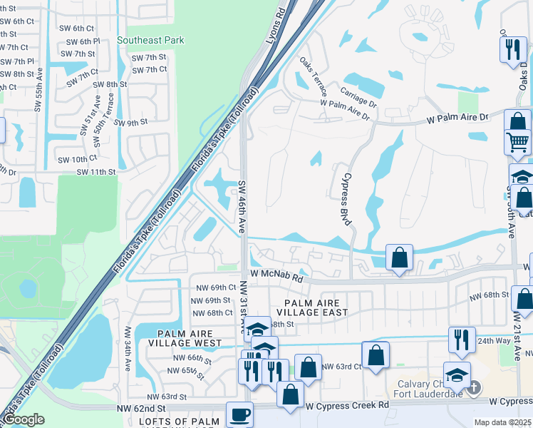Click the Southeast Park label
pyautogui.click(x=150, y=41)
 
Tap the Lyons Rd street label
pyautogui.click(x=274, y=28)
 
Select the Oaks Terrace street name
pyautogui.click(x=314, y=77)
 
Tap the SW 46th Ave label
pyautogui.click(x=242, y=202)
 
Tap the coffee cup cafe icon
pyautogui.click(x=239, y=414)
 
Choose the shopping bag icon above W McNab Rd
pyautogui.click(x=400, y=257)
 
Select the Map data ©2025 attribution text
pyautogui.click(x=502, y=422)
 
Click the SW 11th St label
pyautogui.click(x=96, y=172)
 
